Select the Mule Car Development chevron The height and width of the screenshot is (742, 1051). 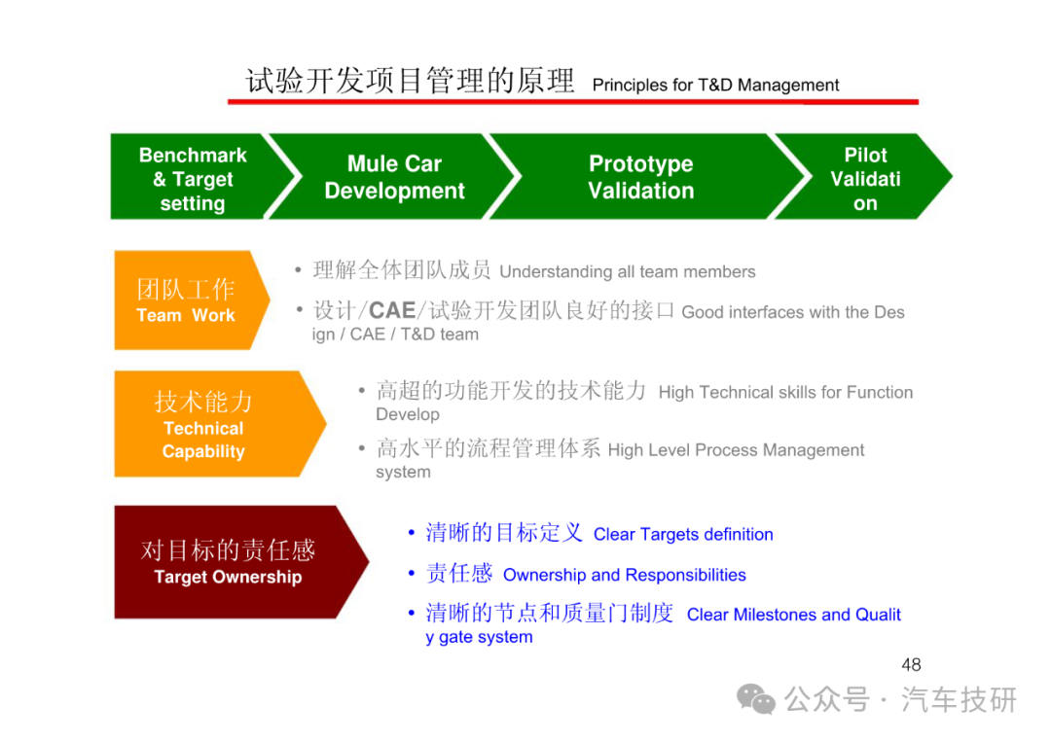(x=395, y=177)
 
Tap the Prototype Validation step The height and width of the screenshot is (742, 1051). (x=641, y=177)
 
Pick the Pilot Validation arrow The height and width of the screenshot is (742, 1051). (x=865, y=177)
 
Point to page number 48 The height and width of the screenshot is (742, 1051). (x=911, y=664)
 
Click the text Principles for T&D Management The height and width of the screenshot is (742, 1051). (x=715, y=85)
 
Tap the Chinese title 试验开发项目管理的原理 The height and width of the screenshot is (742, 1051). (x=410, y=81)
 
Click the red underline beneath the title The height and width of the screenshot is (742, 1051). (x=573, y=102)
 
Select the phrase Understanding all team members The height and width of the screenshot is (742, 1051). (x=628, y=271)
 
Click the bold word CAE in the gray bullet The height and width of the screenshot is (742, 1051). (x=392, y=310)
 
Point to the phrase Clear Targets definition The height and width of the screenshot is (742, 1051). (x=683, y=534)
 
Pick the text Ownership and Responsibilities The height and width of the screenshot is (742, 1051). (x=624, y=575)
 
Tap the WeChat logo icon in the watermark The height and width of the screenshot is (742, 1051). (x=756, y=699)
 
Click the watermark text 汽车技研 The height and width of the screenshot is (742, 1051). (x=959, y=699)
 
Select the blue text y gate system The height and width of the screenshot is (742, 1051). (x=479, y=637)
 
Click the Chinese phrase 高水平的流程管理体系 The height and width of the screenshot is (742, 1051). (x=488, y=448)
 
